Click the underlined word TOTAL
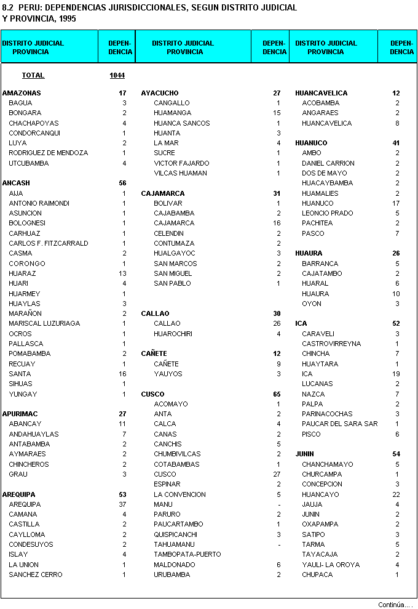[33, 75]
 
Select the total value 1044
[117, 75]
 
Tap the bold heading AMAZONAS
[22, 93]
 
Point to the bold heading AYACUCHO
[160, 93]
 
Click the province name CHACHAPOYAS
[34, 123]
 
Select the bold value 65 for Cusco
[276, 393]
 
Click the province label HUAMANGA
[172, 113]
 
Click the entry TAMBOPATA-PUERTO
[187, 554]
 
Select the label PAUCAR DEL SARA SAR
[340, 424]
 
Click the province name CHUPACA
[317, 575]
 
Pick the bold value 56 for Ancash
[122, 183]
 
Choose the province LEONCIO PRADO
[328, 213]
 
